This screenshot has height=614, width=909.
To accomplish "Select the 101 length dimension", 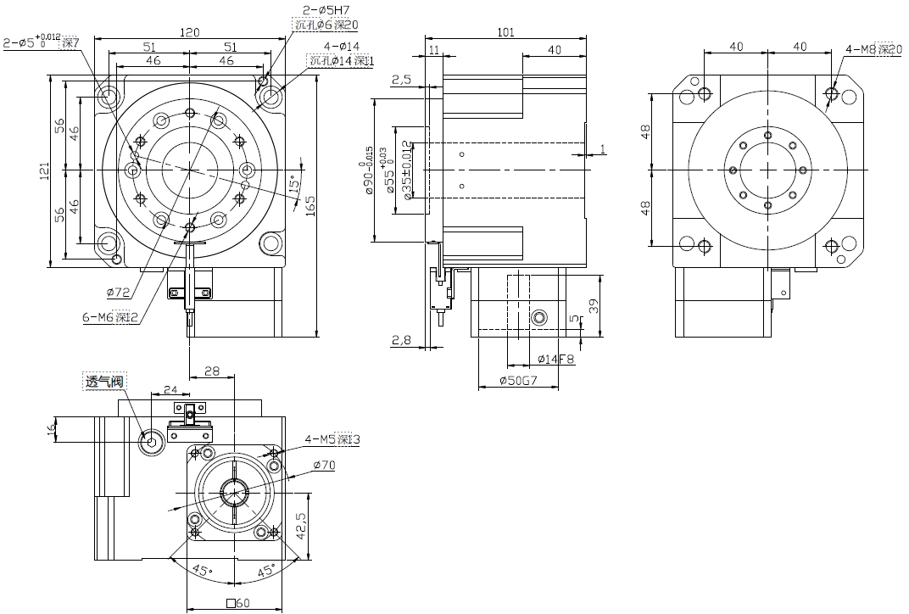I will coord(505,33).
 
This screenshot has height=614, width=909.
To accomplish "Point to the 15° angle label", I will coord(295,183).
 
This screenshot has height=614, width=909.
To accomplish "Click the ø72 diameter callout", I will coord(118,292).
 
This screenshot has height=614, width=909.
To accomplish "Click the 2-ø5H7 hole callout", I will coord(323,11).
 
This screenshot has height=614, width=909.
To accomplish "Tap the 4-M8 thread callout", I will coord(873,49).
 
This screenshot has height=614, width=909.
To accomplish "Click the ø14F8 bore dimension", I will coord(555,359).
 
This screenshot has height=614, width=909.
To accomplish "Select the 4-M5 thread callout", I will coord(332,439).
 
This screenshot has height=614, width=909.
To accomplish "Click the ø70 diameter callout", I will coord(324,465).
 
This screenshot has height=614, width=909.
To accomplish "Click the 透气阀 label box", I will coord(104,382).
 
